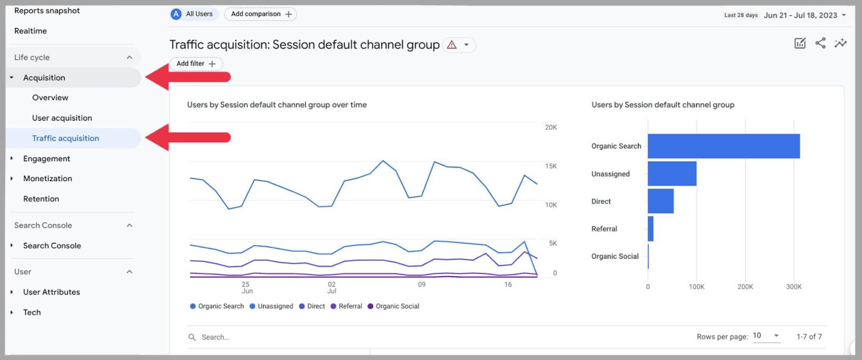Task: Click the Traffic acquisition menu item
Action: tap(65, 139)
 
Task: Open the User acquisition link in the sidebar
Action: tap(62, 118)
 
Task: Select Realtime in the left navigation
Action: tap(31, 31)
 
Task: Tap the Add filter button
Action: tap(196, 64)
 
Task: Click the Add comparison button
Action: tap(261, 14)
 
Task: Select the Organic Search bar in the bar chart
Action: tap(724, 146)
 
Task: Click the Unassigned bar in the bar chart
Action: tap(672, 174)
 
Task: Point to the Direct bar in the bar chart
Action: tap(661, 201)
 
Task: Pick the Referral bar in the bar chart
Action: tap(651, 229)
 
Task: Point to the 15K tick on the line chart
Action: tap(551, 166)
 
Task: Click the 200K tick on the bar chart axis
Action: tap(745, 287)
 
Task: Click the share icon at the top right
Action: tap(821, 44)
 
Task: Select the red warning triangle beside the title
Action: tap(452, 45)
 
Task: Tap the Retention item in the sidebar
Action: tap(41, 199)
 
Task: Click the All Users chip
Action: tap(193, 14)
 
